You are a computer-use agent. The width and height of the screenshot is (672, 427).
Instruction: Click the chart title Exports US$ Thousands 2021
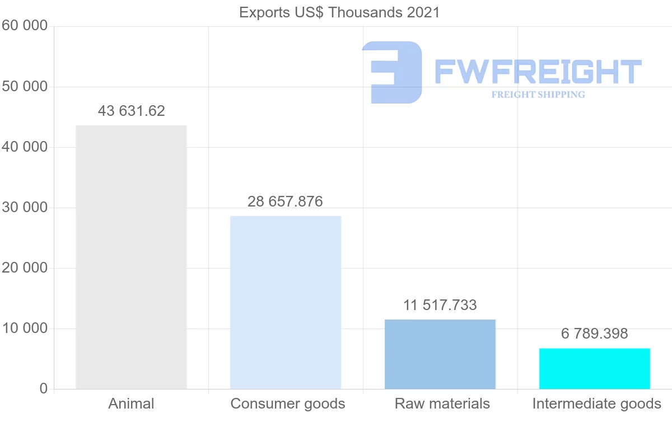click(339, 12)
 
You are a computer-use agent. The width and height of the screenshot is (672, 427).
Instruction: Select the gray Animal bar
click(131, 257)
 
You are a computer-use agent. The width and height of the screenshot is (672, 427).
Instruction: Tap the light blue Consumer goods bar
click(286, 302)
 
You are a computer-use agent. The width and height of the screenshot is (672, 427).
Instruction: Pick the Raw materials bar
click(440, 354)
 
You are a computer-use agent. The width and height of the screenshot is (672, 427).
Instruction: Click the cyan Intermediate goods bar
click(595, 368)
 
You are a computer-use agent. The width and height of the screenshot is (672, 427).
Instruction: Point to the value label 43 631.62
click(132, 111)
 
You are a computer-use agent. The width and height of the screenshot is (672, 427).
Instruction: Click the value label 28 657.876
click(286, 201)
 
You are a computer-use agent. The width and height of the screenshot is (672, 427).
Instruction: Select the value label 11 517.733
click(440, 305)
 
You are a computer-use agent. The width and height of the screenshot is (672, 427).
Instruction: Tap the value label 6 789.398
click(595, 334)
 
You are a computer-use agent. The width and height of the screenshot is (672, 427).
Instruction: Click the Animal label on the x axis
click(131, 403)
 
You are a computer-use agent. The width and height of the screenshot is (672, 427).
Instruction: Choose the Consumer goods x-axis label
click(288, 403)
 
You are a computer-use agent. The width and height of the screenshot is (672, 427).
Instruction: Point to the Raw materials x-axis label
click(442, 403)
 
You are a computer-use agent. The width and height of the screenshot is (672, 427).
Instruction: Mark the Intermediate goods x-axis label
click(597, 403)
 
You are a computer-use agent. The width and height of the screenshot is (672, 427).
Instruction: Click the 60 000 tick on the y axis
click(25, 26)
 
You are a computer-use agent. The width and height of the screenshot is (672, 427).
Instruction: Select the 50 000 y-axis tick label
click(25, 87)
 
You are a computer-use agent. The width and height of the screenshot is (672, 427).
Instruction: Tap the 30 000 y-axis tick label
click(25, 208)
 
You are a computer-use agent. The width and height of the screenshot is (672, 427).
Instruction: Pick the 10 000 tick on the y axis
click(25, 329)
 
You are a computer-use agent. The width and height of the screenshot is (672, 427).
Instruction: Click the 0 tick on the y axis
click(44, 389)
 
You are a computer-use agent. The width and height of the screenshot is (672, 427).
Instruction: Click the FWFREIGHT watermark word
click(538, 72)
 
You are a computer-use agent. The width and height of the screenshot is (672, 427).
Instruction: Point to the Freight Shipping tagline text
click(538, 95)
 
